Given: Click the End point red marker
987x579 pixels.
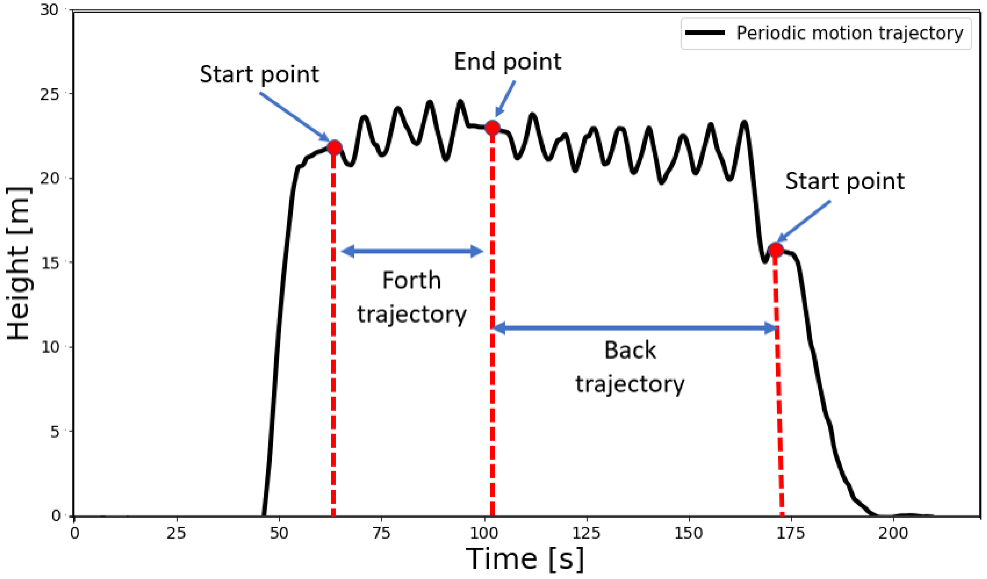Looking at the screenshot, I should tap(492, 128).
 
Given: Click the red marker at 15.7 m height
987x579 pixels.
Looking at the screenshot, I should tap(776, 250).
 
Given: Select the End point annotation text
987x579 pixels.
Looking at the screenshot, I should tap(508, 62).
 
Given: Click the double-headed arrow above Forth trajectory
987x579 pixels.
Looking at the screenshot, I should tap(412, 251).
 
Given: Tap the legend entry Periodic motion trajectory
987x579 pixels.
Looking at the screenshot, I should tap(849, 33).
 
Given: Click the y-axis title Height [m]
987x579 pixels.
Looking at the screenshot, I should tap(19, 263).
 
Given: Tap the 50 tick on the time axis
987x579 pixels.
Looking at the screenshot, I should tap(279, 533).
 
